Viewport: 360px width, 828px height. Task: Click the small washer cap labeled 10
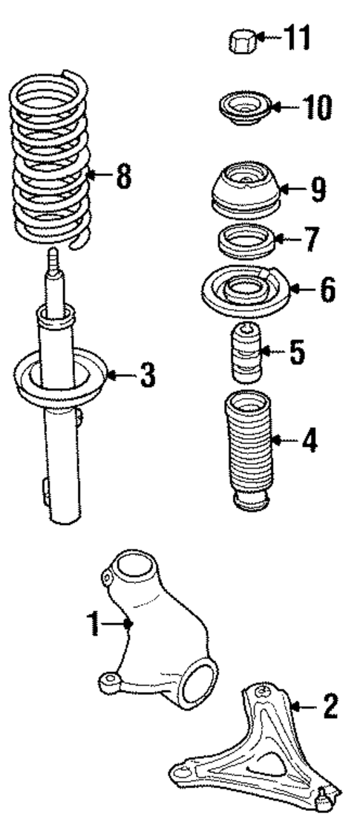tap(242, 109)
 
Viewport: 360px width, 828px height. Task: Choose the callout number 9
tap(318, 190)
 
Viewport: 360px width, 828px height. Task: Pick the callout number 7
tap(310, 239)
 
